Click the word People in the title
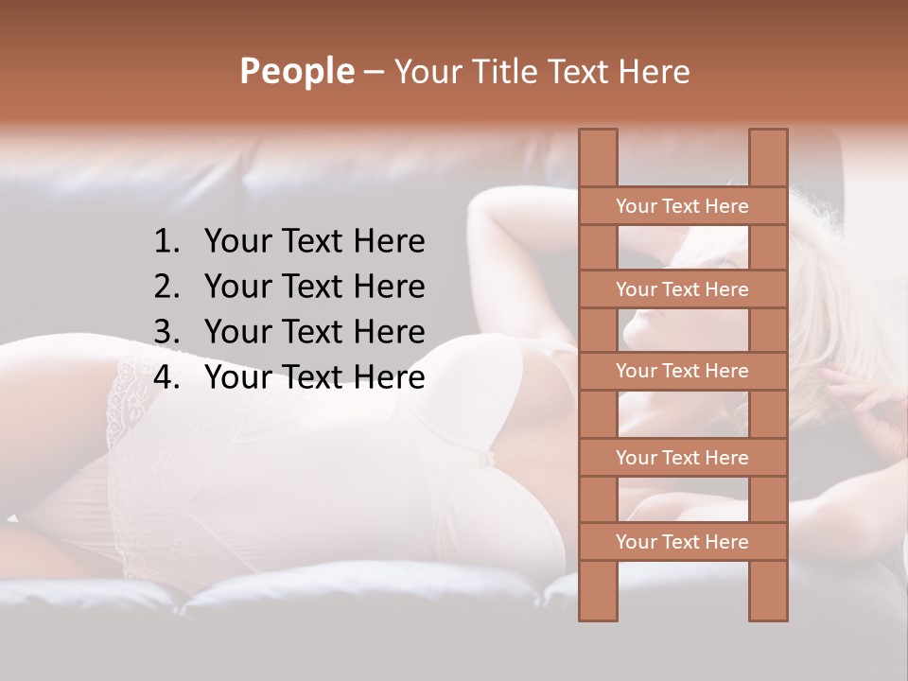(x=296, y=71)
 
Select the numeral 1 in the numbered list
(x=165, y=242)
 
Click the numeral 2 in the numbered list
(x=165, y=287)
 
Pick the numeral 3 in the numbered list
(x=165, y=332)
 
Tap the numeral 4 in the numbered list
(x=165, y=377)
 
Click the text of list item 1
(x=314, y=242)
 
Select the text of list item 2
(x=314, y=287)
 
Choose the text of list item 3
(x=314, y=332)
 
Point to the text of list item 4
(x=314, y=377)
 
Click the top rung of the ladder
(x=682, y=206)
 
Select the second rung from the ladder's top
(x=682, y=289)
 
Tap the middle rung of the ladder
(x=682, y=372)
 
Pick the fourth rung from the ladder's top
(x=682, y=458)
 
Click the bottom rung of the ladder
(x=682, y=542)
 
